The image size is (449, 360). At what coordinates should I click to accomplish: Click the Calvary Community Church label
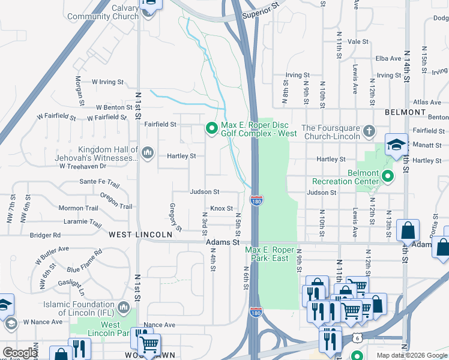(x=116, y=12)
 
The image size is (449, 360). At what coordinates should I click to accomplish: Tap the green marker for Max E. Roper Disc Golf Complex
(x=211, y=129)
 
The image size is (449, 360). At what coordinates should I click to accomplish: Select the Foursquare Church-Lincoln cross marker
(x=369, y=130)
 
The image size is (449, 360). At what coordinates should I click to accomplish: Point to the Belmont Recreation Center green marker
(x=388, y=176)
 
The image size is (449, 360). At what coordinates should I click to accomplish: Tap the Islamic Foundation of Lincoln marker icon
(x=124, y=307)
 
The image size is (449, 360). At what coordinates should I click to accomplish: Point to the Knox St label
(x=220, y=209)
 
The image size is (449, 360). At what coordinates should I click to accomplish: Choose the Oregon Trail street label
(x=116, y=201)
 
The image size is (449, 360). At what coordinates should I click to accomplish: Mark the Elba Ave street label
(x=388, y=58)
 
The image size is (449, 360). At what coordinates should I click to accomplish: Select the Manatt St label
(x=427, y=145)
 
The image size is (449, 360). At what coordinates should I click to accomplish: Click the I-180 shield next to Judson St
(x=256, y=201)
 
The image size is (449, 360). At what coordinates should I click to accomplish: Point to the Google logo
(x=19, y=353)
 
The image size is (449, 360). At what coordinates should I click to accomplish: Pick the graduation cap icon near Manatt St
(x=396, y=145)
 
